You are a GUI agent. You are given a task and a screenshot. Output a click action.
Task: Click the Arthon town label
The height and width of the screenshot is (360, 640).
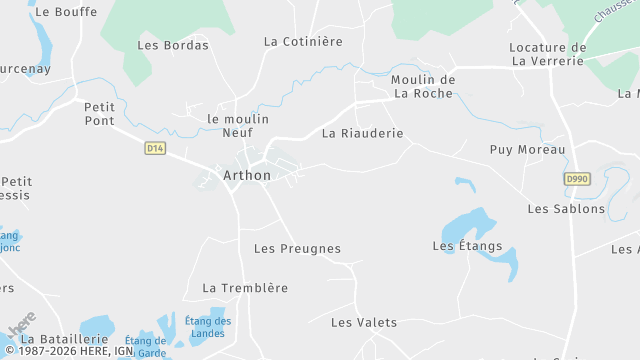point(246,176)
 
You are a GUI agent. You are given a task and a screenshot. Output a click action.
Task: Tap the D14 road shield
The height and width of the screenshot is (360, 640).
point(154,148)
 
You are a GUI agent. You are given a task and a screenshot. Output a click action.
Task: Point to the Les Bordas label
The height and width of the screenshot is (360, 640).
point(173,45)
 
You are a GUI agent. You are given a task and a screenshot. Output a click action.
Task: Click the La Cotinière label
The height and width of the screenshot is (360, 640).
point(303,42)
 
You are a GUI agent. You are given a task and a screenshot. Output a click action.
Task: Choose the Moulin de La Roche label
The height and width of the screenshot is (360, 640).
point(423,87)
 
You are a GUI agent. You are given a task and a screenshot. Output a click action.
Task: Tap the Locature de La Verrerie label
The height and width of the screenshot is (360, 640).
point(547,54)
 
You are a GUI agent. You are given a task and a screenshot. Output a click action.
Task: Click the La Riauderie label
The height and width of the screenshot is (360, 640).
point(362,133)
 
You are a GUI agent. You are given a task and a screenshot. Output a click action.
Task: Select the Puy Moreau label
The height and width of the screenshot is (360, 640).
point(527,150)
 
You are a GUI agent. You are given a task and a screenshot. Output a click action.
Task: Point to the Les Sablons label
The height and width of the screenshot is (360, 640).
point(566,209)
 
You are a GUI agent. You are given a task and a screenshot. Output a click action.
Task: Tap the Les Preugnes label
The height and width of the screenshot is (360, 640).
point(297,249)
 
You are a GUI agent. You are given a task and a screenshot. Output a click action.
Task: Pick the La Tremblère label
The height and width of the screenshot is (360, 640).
point(245,288)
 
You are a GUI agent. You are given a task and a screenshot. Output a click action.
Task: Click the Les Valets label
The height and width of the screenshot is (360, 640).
point(364,323)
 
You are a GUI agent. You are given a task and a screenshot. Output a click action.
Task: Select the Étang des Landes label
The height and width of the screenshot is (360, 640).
point(208,326)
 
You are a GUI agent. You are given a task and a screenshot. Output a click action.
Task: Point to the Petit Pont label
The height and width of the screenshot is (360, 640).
point(100,113)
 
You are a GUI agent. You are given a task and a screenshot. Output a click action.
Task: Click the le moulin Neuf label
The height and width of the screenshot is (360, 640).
point(237,125)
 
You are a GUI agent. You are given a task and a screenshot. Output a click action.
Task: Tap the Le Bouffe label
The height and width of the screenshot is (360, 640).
point(65,12)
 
